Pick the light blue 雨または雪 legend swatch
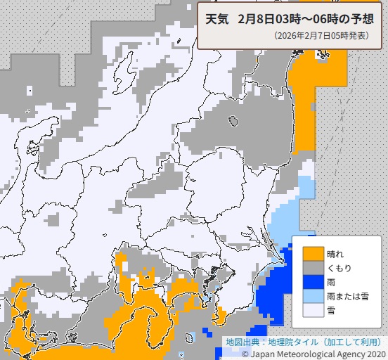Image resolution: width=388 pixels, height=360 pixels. click(x=313, y=295)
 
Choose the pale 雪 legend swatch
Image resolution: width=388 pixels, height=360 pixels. click(x=313, y=309)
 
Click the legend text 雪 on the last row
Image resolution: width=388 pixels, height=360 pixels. click(x=331, y=309)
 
